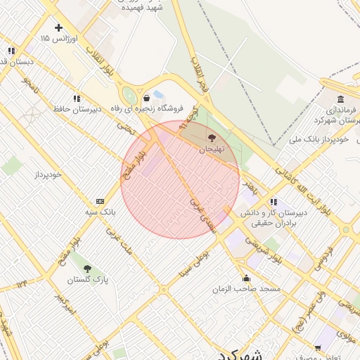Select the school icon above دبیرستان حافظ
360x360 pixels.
click(x=76, y=99)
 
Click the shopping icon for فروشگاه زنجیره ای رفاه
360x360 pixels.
click(x=146, y=98)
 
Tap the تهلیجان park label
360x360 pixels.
click(x=211, y=149)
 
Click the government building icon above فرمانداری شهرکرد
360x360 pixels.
click(x=340, y=98)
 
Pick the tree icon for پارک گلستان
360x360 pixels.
click(x=87, y=269)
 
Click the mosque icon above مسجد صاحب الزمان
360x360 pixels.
click(x=245, y=278)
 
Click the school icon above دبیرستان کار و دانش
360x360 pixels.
click(x=274, y=201)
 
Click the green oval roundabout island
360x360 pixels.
click(x=129, y=96)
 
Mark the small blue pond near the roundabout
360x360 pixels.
click(x=158, y=94)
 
